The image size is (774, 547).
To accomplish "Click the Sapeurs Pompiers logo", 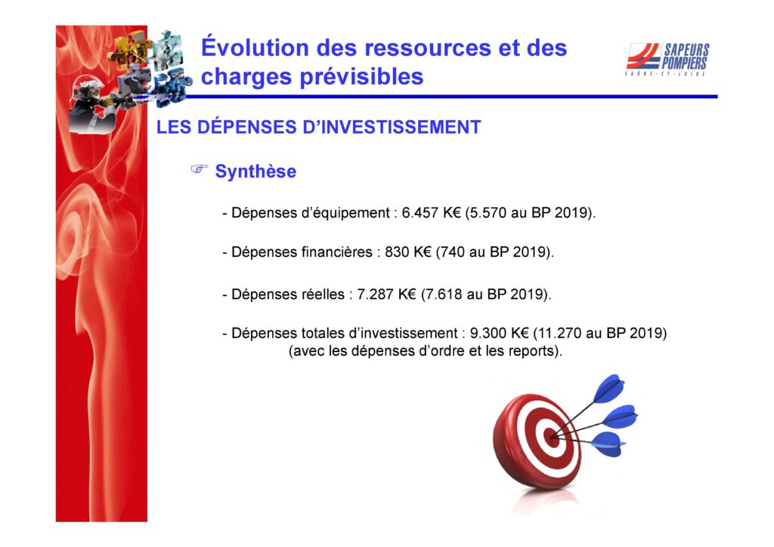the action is (x=667, y=59).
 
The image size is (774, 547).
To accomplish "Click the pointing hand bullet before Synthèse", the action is (x=200, y=169).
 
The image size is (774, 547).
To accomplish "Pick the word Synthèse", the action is (x=255, y=172).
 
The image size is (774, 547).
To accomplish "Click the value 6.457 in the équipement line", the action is (x=420, y=212).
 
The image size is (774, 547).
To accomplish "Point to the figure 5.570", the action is (x=489, y=212).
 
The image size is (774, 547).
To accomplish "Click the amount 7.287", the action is (x=375, y=295).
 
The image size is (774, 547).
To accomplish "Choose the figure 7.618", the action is (x=444, y=295).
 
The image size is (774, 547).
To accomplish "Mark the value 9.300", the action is (x=488, y=333).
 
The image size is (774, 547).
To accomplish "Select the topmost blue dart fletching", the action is (x=608, y=388).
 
